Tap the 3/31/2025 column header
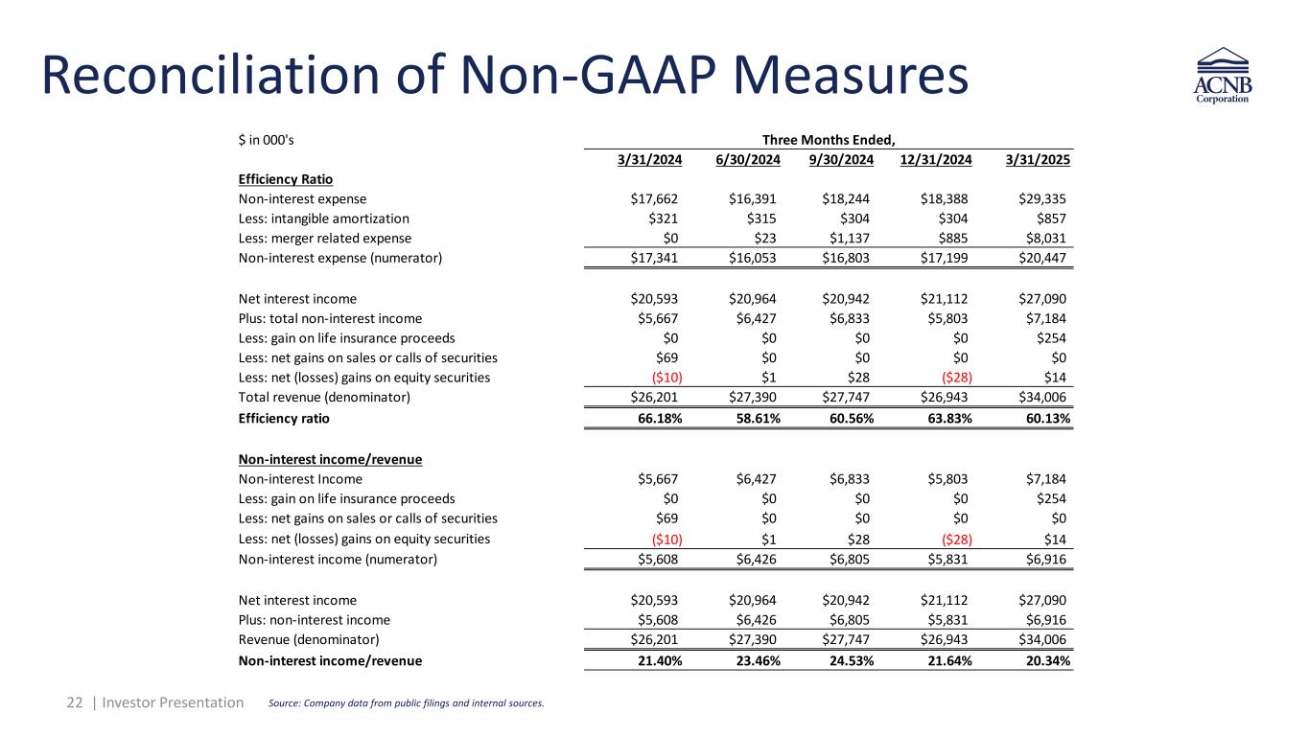(x=1039, y=160)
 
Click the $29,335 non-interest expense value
(x=1040, y=199)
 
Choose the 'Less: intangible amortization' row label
(x=323, y=218)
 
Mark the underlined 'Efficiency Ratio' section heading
(x=285, y=179)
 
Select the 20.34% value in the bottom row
(x=1043, y=660)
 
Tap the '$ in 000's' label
(x=266, y=140)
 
